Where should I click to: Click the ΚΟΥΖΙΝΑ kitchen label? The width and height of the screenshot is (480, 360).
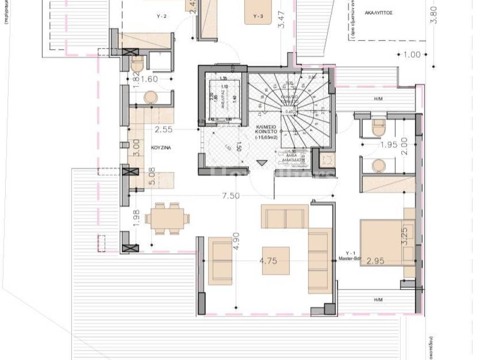point(161,147)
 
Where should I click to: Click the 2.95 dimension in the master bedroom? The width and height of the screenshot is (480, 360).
point(375,261)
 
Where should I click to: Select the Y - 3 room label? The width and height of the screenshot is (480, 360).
point(258,16)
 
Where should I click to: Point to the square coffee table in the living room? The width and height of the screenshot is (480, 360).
point(276,260)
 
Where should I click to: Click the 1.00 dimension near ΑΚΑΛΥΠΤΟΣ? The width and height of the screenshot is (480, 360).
point(412,55)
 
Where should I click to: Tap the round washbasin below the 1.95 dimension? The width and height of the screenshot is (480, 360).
point(378,166)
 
